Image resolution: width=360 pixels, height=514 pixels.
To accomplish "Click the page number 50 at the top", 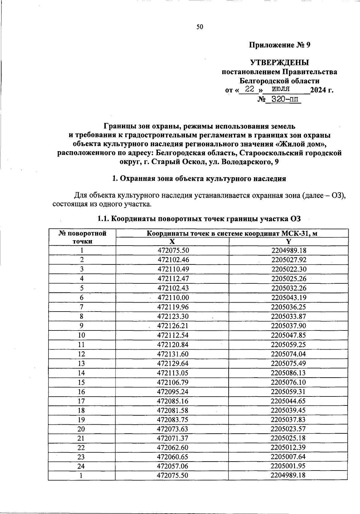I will (x=200, y=27).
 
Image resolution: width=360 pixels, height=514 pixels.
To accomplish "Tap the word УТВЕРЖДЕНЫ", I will (x=280, y=63).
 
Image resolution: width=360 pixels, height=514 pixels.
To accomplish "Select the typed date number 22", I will (x=250, y=89).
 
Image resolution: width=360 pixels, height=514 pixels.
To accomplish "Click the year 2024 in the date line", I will (x=318, y=90).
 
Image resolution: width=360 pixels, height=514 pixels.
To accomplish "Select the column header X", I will (x=172, y=242).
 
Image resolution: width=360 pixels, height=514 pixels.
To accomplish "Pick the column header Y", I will (x=288, y=242).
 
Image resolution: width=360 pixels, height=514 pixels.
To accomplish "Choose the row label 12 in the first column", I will (x=82, y=354).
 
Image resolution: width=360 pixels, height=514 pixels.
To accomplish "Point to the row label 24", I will (x=82, y=466).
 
